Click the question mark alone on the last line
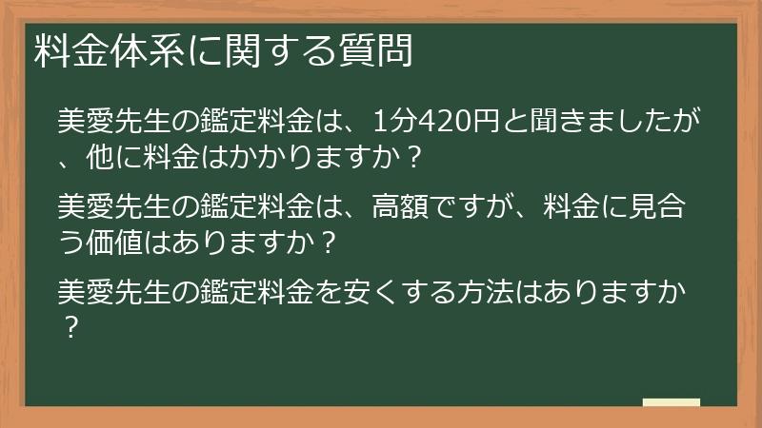click(69, 325)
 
